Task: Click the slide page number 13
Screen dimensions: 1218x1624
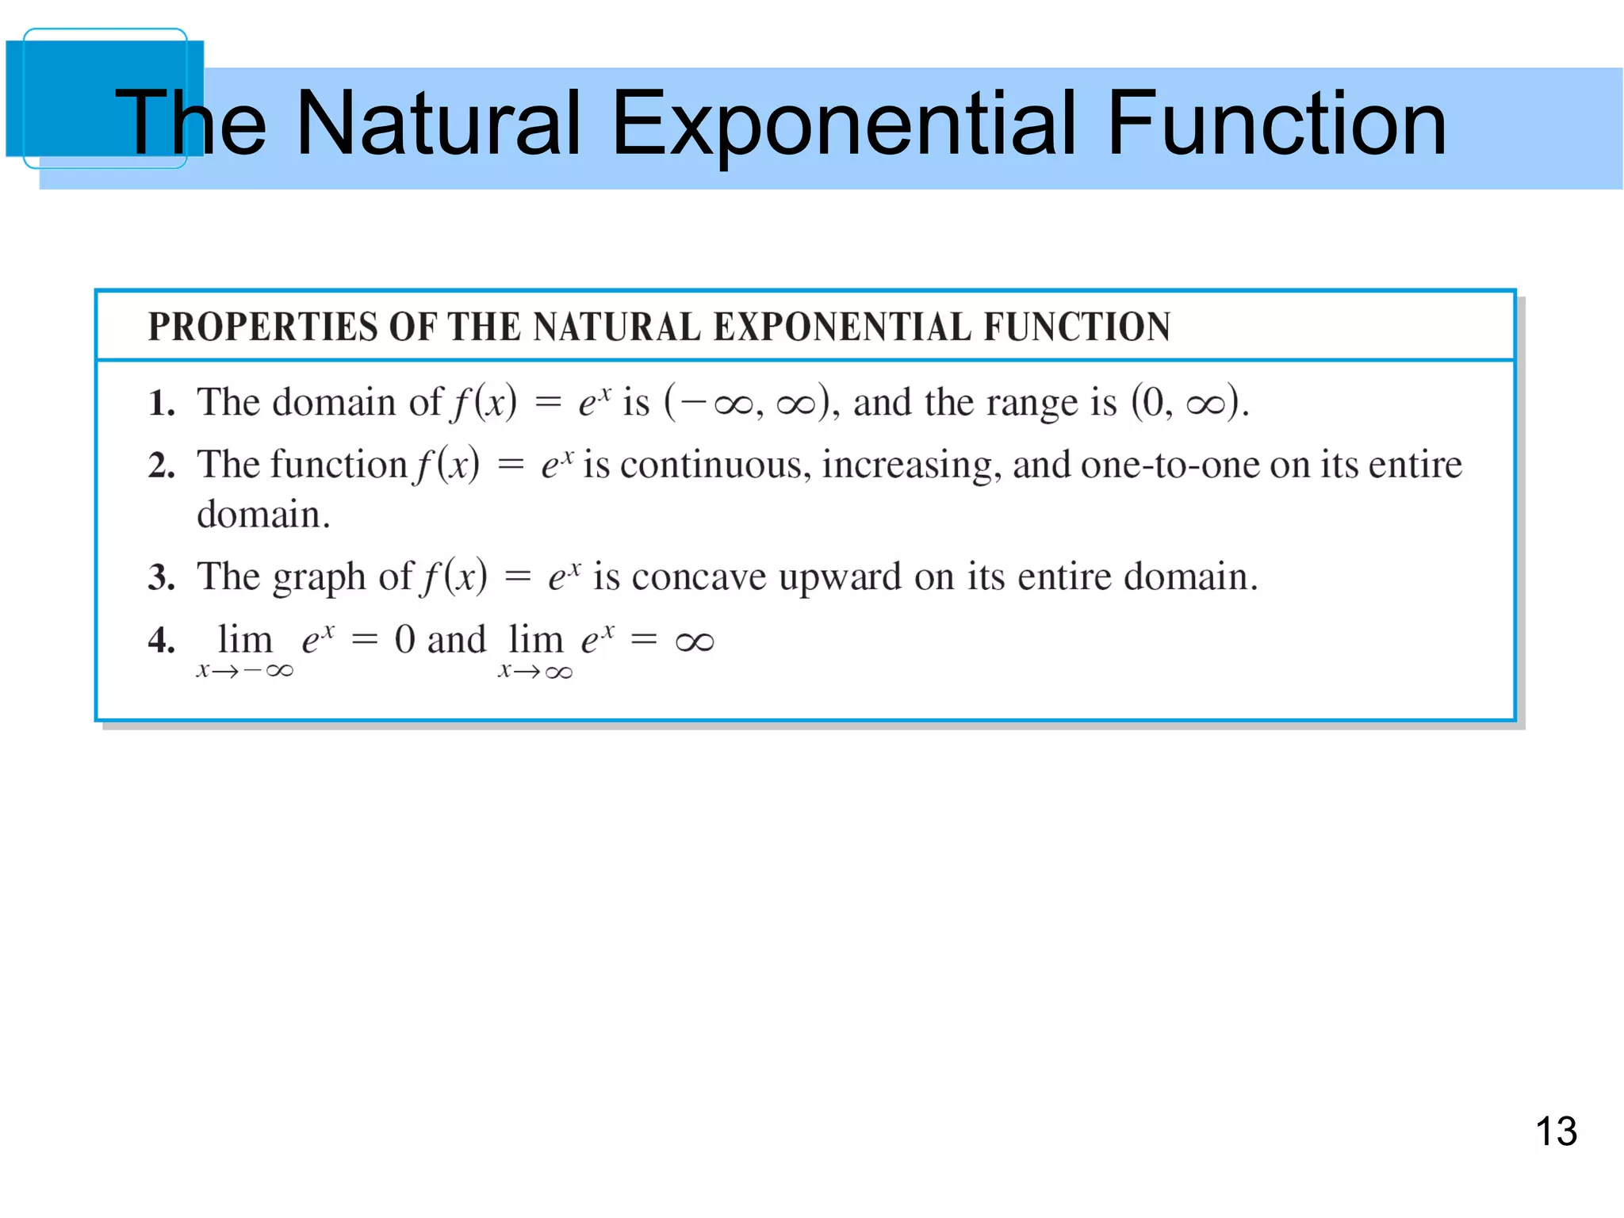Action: [1556, 1131]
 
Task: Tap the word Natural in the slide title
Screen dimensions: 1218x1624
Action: [438, 124]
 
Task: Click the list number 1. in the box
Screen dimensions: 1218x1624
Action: [161, 404]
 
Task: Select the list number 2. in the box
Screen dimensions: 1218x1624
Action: [161, 465]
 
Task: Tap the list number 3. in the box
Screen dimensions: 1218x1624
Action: [161, 577]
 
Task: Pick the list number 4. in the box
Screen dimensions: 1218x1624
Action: [161, 641]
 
